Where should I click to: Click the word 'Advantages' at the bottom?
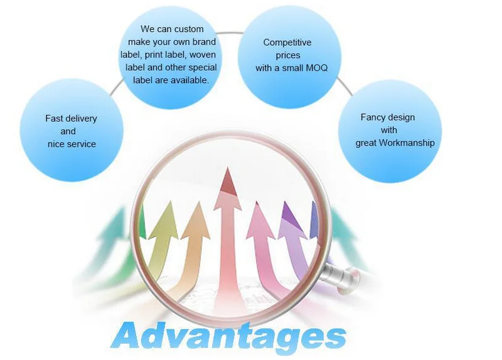pyautogui.click(x=229, y=336)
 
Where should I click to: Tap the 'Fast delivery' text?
pyautogui.click(x=71, y=118)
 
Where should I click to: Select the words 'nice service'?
pyautogui.click(x=72, y=144)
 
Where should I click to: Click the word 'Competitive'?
pyautogui.click(x=287, y=43)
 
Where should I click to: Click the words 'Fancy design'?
pyautogui.click(x=388, y=117)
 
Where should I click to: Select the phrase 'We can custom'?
pyautogui.click(x=172, y=29)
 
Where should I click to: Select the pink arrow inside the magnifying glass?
pyautogui.click(x=258, y=226)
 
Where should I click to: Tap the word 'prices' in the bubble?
pyautogui.click(x=288, y=55)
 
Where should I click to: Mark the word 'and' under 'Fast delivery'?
pyautogui.click(x=68, y=131)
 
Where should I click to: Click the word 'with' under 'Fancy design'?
pyautogui.click(x=389, y=130)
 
